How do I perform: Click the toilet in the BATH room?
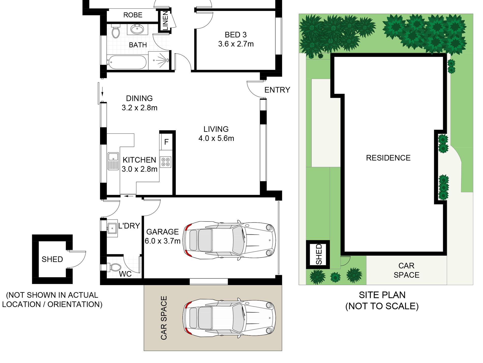[116, 31]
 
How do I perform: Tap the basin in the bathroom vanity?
[137, 29]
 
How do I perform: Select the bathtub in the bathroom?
[127, 62]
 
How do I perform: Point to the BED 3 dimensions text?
[236, 44]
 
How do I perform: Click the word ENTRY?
[277, 90]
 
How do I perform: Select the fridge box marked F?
[166, 142]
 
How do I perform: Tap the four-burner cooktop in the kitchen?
[165, 162]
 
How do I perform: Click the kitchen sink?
[113, 161]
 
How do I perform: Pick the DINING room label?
[139, 98]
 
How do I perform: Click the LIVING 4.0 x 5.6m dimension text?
[216, 138]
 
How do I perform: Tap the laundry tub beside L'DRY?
[112, 228]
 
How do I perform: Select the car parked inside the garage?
[229, 240]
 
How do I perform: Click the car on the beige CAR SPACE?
[229, 318]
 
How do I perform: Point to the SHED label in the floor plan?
[52, 259]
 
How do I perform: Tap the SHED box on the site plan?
[318, 254]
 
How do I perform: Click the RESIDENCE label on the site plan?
[388, 158]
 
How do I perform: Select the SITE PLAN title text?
[382, 295]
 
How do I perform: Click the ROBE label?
[133, 15]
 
